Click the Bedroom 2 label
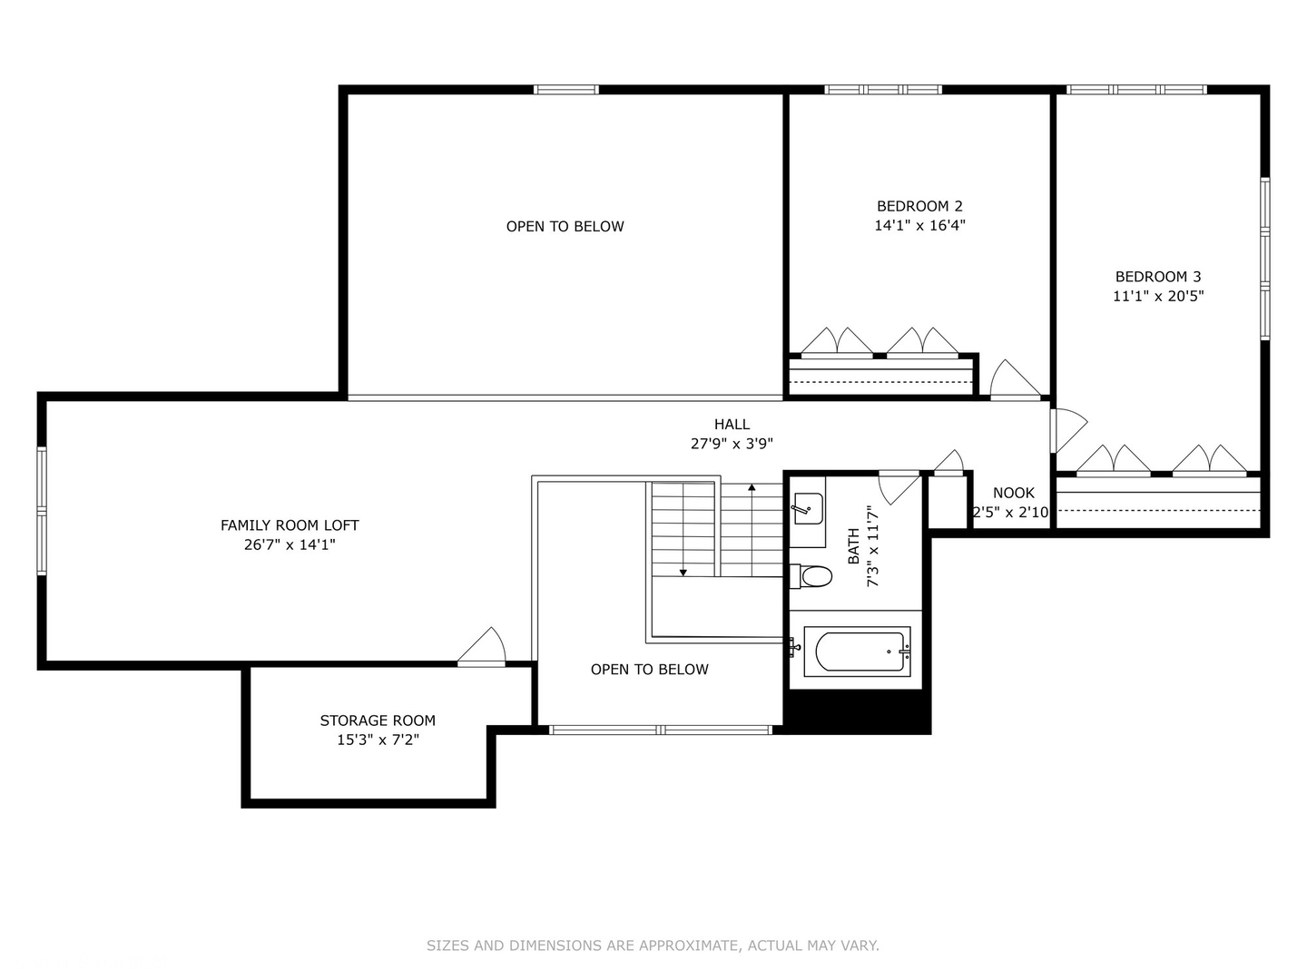pyautogui.click(x=919, y=206)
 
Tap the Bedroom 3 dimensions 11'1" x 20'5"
pyautogui.click(x=1158, y=296)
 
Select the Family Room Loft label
pyautogui.click(x=290, y=525)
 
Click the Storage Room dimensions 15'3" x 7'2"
pyautogui.click(x=378, y=740)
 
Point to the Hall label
pyautogui.click(x=732, y=424)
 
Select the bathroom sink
pyautogui.click(x=807, y=509)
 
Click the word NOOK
pyautogui.click(x=1013, y=493)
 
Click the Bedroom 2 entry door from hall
pyautogui.click(x=1013, y=380)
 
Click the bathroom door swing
pyautogui.click(x=899, y=486)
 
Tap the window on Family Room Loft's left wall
pyautogui.click(x=42, y=511)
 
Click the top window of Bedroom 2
pyautogui.click(x=882, y=89)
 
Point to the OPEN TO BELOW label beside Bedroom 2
pyautogui.click(x=565, y=226)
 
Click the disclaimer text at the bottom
pyautogui.click(x=653, y=946)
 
